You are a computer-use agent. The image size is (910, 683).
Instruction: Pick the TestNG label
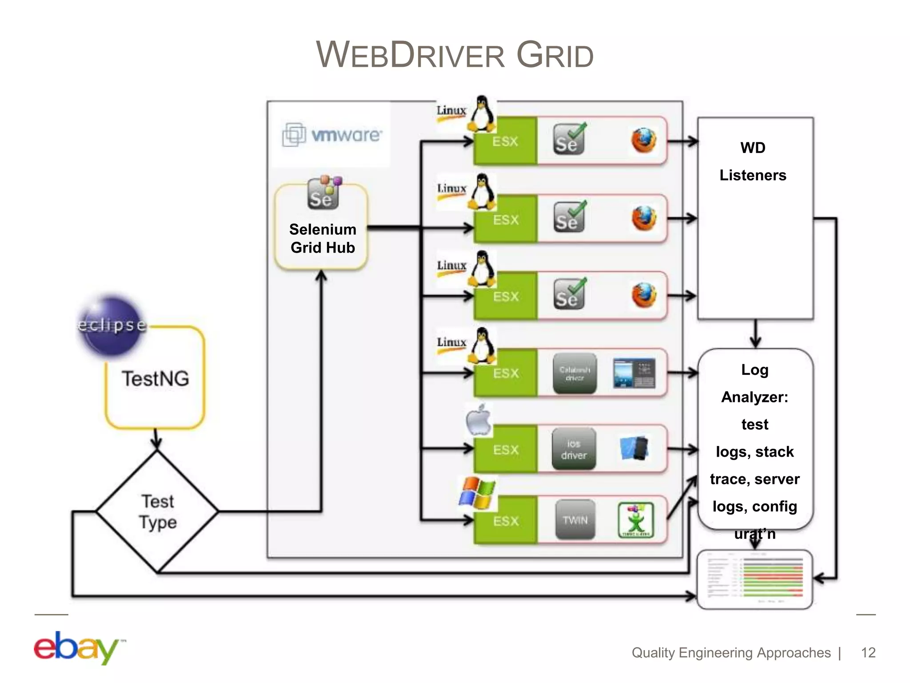[156, 379]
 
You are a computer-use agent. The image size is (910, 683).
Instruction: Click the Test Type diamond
[157, 511]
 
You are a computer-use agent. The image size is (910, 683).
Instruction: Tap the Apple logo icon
[479, 420]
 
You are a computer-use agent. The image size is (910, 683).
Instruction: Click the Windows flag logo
[477, 493]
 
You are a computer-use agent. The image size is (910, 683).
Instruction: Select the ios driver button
[574, 449]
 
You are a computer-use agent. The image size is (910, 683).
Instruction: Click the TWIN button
[575, 520]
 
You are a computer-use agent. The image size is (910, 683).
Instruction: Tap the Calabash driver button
[575, 374]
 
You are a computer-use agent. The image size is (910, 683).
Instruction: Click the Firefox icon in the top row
[643, 141]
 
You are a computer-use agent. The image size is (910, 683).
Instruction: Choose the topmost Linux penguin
[482, 114]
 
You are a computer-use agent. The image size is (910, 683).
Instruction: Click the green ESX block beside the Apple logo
[506, 450]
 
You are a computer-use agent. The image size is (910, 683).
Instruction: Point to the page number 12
[868, 652]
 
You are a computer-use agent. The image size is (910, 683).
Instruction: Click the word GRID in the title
[555, 55]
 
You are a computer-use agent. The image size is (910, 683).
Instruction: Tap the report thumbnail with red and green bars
[754, 579]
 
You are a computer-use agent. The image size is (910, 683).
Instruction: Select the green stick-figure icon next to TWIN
[636, 520]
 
